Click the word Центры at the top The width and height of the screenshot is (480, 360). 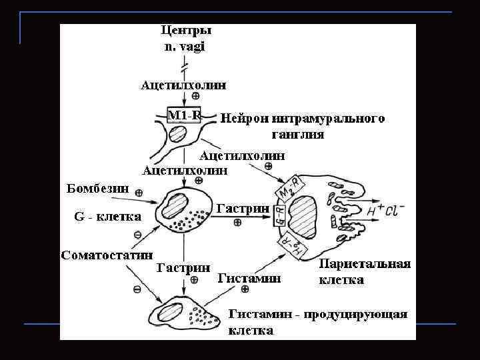point(186,31)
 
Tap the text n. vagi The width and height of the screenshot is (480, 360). point(185,46)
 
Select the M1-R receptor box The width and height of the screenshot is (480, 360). point(184,115)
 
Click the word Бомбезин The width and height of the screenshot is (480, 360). point(98,187)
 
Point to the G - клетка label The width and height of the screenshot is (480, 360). point(107,217)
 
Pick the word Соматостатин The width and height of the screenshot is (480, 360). point(107,255)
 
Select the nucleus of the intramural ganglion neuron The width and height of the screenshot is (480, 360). point(178,134)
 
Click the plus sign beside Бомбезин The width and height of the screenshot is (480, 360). point(139,193)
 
